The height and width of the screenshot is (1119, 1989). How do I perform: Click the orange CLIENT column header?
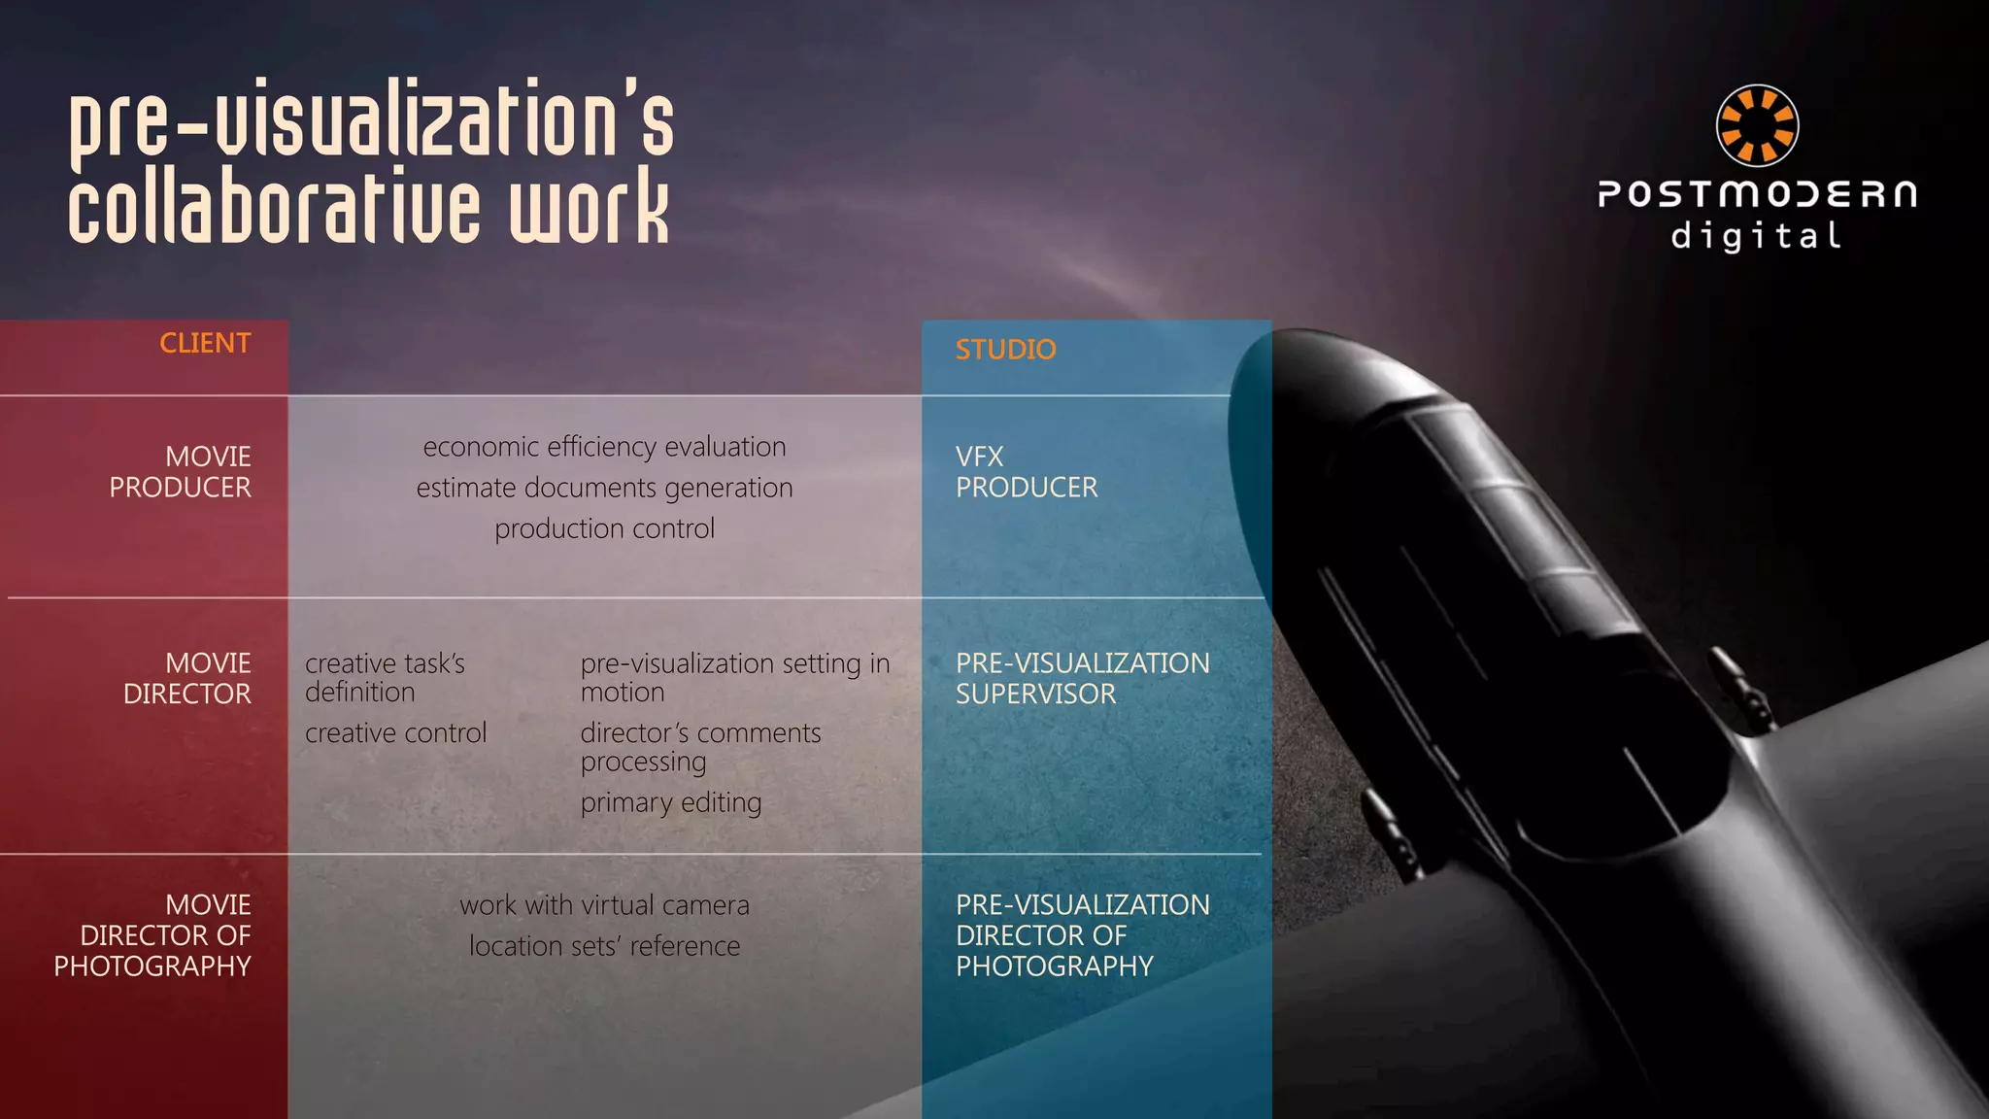point(205,343)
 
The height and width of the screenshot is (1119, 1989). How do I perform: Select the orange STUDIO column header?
point(1005,350)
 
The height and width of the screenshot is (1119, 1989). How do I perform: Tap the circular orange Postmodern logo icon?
point(1757,125)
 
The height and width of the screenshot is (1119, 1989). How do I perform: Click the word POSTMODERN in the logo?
point(1757,194)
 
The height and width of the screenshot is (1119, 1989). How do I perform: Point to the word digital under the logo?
point(1756,236)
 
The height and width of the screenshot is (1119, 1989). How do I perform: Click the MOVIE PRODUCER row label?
point(181,472)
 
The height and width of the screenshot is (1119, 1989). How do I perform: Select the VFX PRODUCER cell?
point(1027,472)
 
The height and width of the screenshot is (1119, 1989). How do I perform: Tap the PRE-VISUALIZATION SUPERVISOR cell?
point(1082,678)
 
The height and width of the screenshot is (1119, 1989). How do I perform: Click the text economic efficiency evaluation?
point(604,447)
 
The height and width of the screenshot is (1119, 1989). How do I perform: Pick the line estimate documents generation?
point(604,488)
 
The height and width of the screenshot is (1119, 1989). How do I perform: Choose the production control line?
point(604,528)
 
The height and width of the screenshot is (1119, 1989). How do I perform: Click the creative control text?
point(395,733)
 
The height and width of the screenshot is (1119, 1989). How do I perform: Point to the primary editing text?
point(671,803)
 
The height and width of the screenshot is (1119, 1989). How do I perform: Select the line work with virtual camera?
point(604,905)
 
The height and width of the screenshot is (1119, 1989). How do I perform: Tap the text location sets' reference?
point(604,946)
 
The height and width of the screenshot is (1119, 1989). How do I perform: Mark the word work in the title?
point(590,206)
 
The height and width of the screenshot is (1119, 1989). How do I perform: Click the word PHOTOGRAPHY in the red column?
point(152,966)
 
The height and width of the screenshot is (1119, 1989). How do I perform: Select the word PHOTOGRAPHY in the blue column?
point(1054,966)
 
